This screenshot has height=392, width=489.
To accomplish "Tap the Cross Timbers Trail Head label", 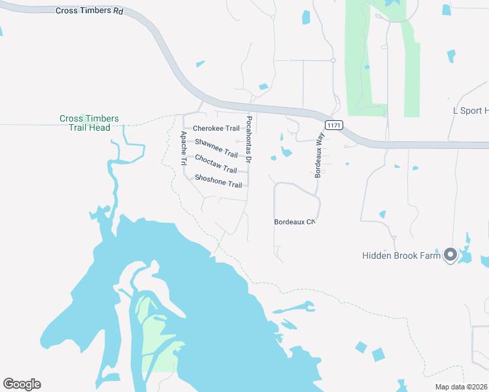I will click(89, 123).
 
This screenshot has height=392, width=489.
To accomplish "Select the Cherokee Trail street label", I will click(216, 129).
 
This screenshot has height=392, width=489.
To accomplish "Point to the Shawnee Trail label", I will click(216, 148).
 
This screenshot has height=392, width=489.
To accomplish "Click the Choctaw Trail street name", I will click(216, 165).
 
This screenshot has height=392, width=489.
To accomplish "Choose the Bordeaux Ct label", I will click(294, 222).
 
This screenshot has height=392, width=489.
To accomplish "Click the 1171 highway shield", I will click(333, 125).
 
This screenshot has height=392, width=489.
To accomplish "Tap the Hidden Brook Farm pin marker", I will click(450, 254).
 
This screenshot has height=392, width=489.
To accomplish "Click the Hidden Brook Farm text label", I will click(401, 255).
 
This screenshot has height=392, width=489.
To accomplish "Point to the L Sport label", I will click(470, 111).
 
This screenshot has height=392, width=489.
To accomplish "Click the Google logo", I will click(22, 384).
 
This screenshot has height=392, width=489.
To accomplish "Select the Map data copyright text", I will click(460, 387).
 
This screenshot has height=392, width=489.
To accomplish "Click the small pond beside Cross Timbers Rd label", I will click(200, 64).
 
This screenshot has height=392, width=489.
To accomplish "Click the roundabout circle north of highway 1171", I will click(333, 61).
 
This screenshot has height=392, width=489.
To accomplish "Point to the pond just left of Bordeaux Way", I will click(286, 152).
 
